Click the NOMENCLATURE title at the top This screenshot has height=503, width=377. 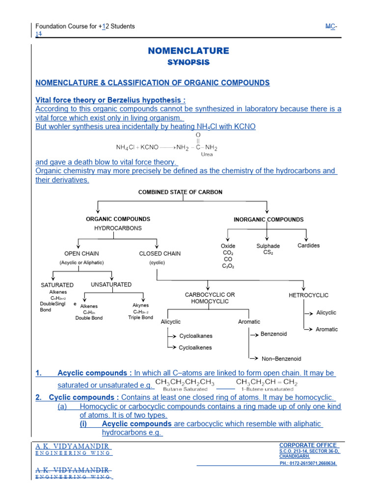(x=188, y=51)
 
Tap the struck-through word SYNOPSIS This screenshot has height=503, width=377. (x=188, y=62)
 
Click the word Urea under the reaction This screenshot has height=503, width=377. (x=207, y=154)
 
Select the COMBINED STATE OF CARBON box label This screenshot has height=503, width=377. (x=180, y=192)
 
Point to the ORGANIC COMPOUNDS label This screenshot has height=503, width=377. (x=118, y=219)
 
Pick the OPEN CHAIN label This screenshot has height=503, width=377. (x=81, y=253)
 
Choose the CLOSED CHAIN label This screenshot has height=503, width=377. (x=160, y=253)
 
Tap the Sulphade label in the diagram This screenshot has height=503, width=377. (x=268, y=246)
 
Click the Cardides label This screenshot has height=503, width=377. (x=308, y=245)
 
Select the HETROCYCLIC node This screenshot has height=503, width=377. (x=309, y=295)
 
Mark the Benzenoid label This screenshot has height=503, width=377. (x=273, y=334)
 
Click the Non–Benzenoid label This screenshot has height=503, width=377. (x=281, y=359)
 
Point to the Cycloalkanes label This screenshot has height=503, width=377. (x=196, y=336)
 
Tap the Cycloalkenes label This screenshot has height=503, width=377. (x=196, y=347)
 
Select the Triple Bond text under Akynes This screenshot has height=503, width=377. (x=140, y=317)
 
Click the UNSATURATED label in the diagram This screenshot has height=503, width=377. (x=111, y=284)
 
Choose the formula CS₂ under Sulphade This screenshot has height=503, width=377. (x=268, y=252)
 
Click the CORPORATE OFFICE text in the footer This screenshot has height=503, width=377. (x=308, y=445)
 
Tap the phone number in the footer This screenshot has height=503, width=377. (x=308, y=463)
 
